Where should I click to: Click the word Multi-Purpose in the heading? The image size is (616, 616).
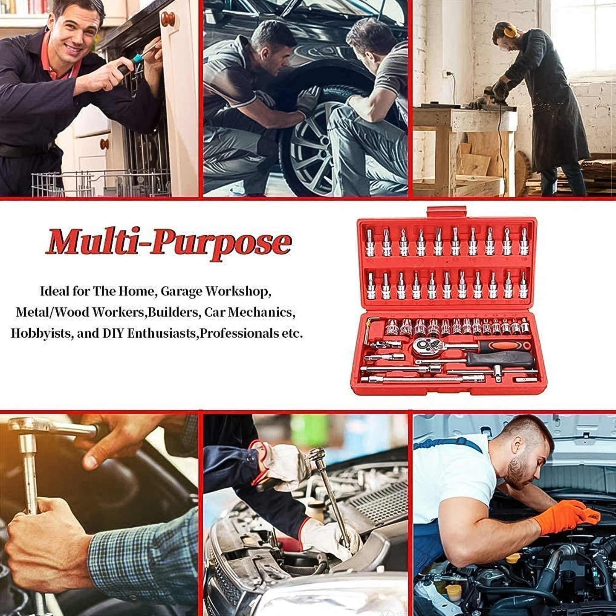pos(168,243)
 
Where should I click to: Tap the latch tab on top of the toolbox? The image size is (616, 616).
pos(446,211)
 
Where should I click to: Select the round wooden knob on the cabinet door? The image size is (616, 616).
pos(168,19)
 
